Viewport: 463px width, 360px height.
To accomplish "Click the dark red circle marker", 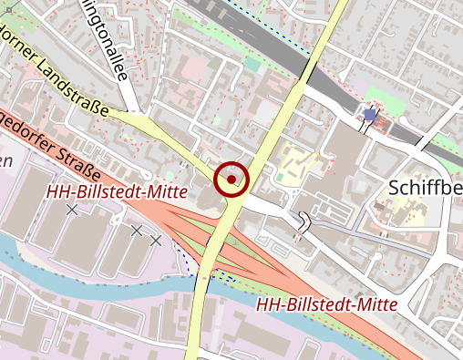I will click(x=231, y=178).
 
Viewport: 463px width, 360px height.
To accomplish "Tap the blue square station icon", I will click(x=369, y=115).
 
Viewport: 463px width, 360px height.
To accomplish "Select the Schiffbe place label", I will click(x=425, y=187).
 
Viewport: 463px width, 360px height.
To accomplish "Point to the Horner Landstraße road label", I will click(x=55, y=72).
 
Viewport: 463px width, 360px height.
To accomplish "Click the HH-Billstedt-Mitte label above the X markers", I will click(x=116, y=191).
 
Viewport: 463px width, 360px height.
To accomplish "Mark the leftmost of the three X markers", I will click(x=72, y=210).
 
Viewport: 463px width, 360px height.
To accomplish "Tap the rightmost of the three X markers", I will click(x=156, y=240).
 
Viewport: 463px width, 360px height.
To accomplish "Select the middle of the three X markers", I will click(x=136, y=231).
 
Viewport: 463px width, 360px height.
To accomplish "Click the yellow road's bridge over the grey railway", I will click(x=308, y=70).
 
